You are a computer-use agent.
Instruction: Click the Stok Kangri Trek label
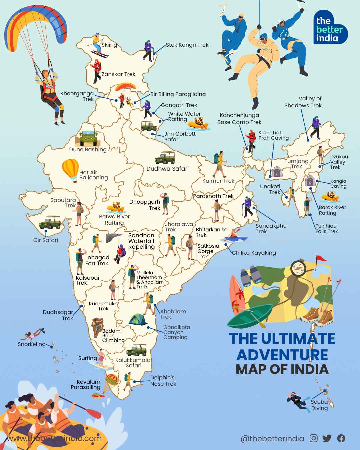187,45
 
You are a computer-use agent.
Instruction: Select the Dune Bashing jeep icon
88,137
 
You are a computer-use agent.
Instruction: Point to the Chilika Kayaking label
254,253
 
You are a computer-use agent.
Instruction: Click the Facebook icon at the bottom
341,438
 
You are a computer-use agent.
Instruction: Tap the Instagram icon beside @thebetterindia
314,438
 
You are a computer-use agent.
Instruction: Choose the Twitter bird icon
327,438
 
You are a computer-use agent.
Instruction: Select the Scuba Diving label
319,405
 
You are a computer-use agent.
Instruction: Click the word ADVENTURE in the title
282,354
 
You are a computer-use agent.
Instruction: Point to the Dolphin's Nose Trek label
163,381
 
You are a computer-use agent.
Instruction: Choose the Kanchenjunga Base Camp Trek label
239,119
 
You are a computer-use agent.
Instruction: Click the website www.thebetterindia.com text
53,438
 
